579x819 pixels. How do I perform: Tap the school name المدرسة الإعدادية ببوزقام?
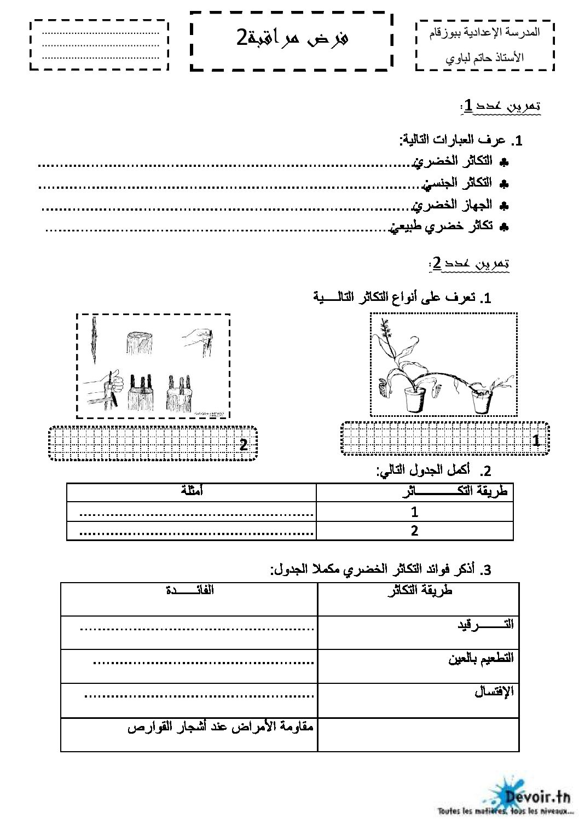[485, 33]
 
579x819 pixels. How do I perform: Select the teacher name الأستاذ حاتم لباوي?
[485, 56]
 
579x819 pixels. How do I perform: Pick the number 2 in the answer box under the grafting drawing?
[244, 444]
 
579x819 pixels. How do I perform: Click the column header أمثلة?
[192, 491]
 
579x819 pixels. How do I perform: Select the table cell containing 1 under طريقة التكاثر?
[414, 512]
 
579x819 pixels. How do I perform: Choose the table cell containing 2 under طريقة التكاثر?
[414, 531]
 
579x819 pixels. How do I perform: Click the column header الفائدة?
[190, 590]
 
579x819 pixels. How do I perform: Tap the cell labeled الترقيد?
[486, 624]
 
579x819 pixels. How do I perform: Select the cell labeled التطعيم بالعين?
[481, 658]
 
